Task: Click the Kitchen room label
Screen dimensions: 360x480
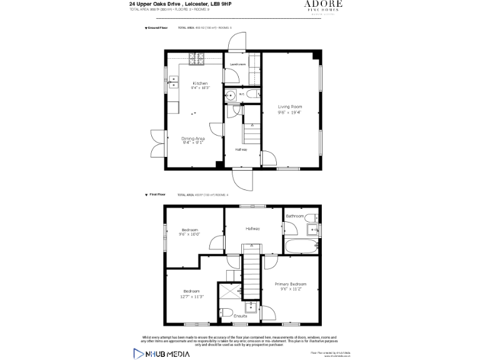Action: point(200,83)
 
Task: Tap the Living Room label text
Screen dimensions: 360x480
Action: point(289,107)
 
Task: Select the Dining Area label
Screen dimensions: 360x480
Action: point(193,138)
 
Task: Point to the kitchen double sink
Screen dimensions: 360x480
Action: point(173,82)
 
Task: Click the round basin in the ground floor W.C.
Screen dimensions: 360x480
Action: point(231,96)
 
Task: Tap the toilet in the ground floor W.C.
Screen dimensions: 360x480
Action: point(251,94)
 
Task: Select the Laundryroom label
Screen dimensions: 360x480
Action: point(237,64)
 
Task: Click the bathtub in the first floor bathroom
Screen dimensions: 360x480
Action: point(301,246)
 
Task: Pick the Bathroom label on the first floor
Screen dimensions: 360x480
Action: point(295,216)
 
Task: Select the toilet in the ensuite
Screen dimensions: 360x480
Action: point(226,313)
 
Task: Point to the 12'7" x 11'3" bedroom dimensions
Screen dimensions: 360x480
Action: point(191,297)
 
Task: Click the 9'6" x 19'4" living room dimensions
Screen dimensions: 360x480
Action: point(289,112)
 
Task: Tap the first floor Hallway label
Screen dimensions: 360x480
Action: point(252,229)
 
